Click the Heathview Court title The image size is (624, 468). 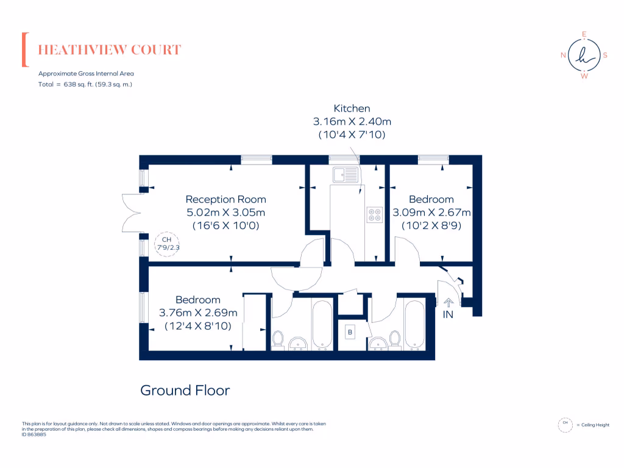click(110, 50)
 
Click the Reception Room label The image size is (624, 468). click(225, 199)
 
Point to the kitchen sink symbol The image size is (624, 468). click(344, 175)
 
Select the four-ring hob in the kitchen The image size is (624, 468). click(374, 214)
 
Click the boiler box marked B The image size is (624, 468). click(350, 333)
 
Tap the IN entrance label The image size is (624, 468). click(448, 314)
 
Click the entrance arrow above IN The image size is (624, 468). click(448, 301)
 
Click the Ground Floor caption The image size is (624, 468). click(185, 390)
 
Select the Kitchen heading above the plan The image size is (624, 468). click(347, 108)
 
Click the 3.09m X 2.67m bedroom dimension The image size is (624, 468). click(431, 213)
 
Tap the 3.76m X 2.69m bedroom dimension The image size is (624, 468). click(198, 313)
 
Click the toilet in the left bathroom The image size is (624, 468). click(279, 338)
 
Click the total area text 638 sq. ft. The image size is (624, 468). click(85, 84)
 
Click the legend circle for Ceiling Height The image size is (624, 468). click(565, 424)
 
